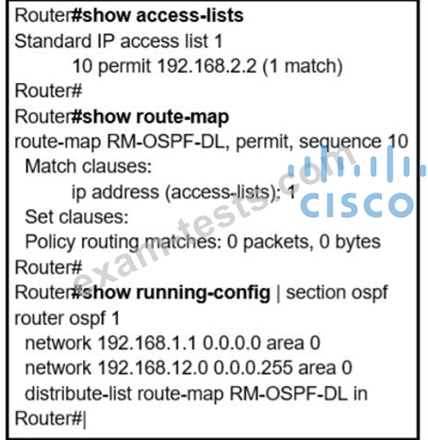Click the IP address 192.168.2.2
206,66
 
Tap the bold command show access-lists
163,15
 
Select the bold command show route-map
156,117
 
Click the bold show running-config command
176,293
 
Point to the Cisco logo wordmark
356,205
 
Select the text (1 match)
302,66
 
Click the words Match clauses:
89,166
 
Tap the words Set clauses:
76,217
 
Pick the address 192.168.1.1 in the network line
147,343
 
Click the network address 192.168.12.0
153,368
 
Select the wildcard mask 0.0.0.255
254,368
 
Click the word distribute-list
78,394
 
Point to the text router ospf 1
67,318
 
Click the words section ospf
337,293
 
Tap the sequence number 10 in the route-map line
398,142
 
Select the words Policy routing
82,243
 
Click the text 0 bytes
350,243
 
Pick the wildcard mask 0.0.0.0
232,343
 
